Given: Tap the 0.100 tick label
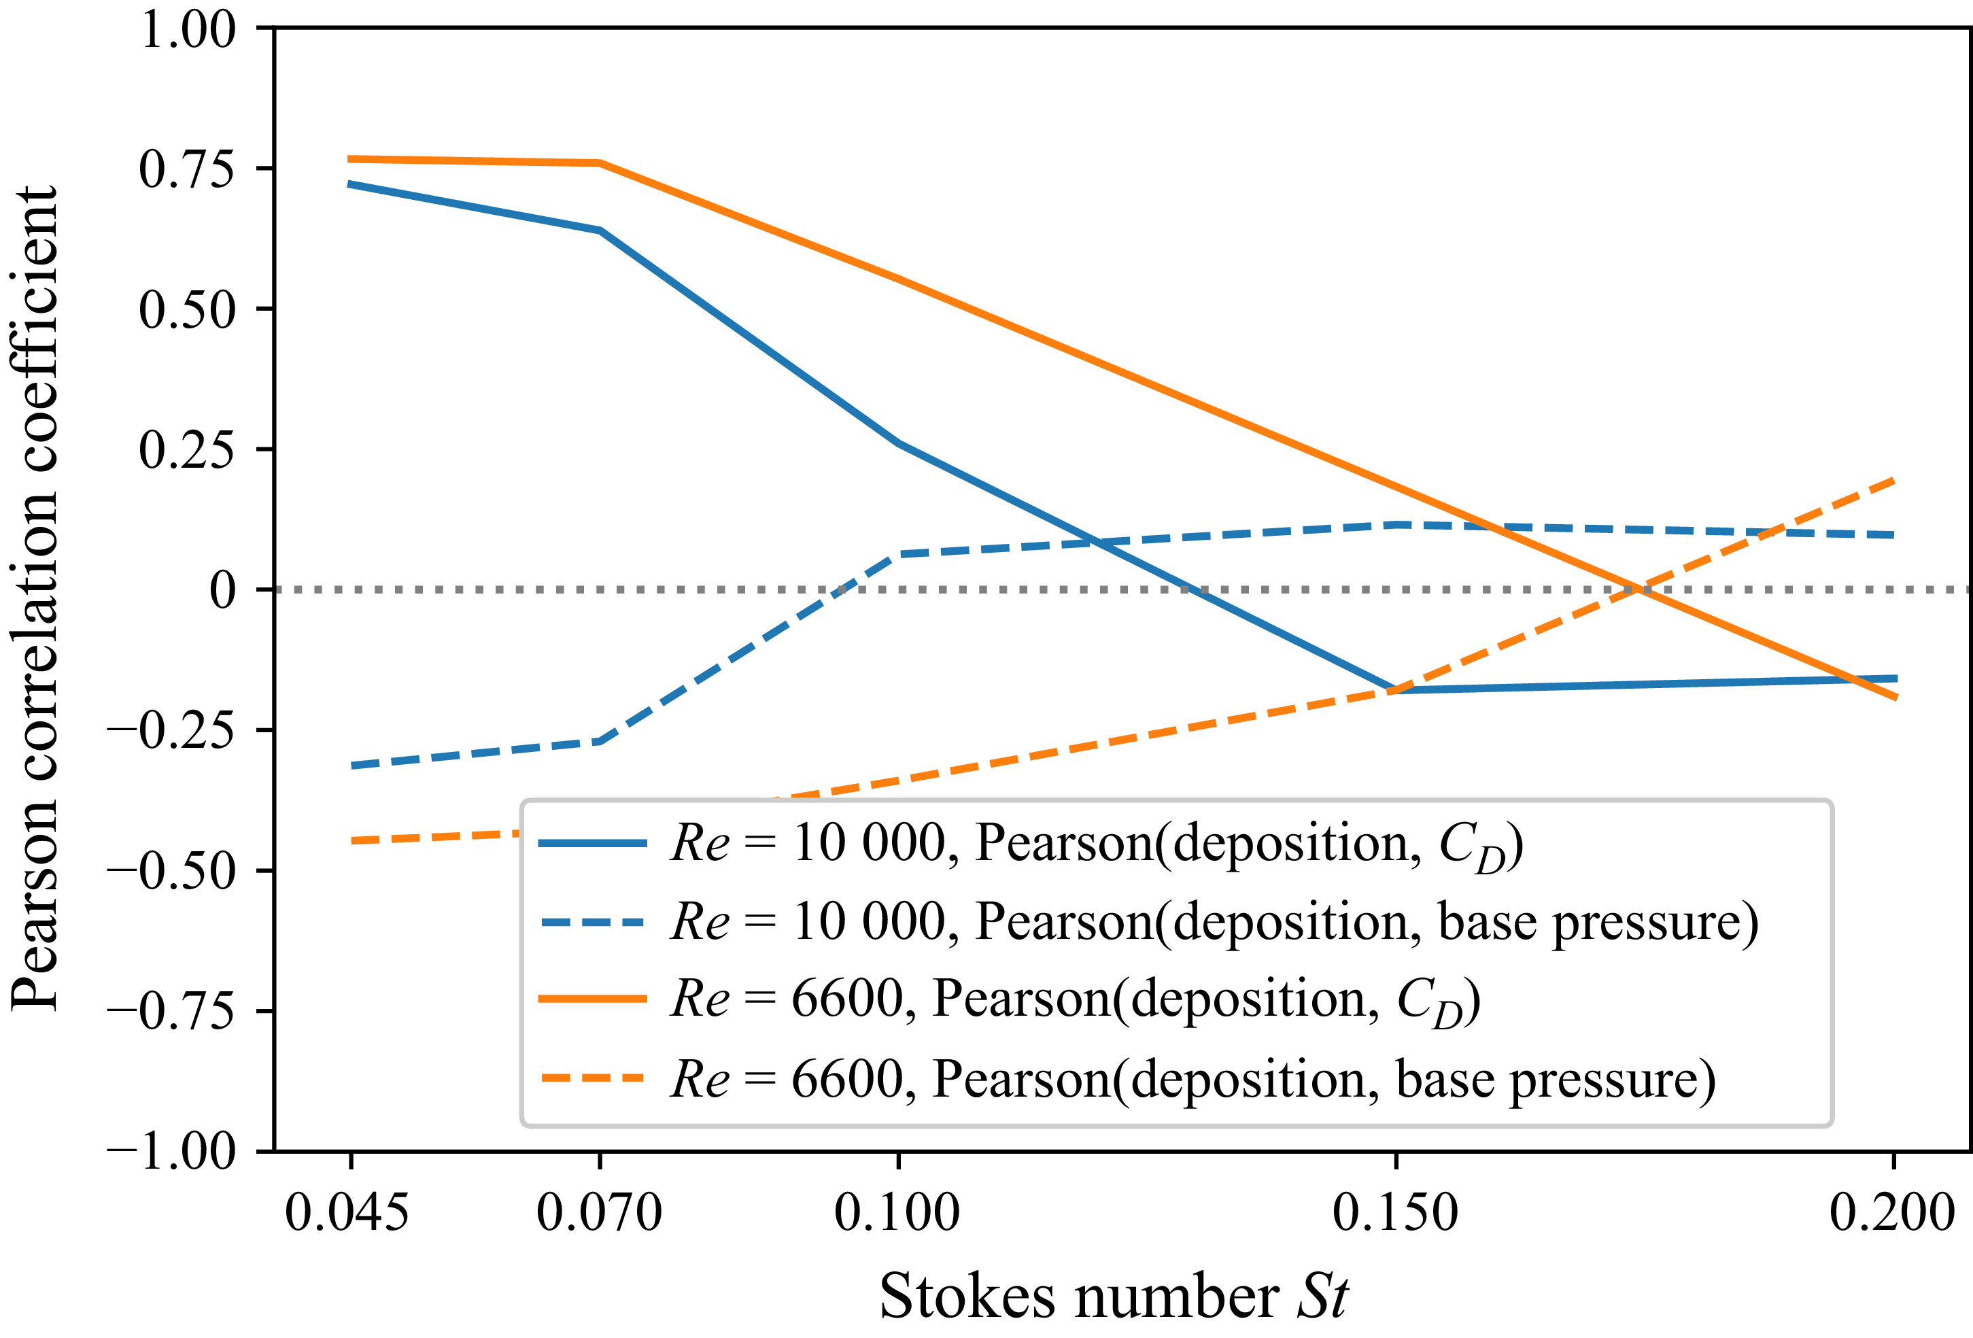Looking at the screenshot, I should [897, 1212].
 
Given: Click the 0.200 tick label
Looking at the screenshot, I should [1891, 1212].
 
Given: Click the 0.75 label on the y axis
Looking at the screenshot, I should [187, 169].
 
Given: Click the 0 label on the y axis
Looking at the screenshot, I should [222, 590].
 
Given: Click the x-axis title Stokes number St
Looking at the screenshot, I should [1113, 1297].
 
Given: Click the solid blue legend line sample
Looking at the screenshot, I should [593, 843].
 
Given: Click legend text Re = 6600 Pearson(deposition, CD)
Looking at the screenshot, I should [1075, 999].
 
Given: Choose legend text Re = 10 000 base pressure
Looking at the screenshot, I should [1214, 921].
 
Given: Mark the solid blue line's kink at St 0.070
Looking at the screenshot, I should [600, 230].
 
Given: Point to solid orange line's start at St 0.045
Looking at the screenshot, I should [349, 159].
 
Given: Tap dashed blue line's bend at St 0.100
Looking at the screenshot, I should [897, 554].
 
